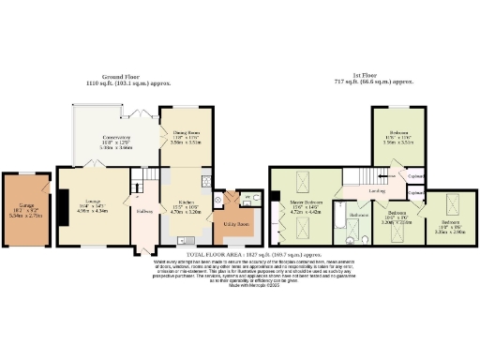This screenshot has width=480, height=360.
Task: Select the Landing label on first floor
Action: [378, 193]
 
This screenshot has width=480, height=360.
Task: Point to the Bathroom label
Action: [358, 215]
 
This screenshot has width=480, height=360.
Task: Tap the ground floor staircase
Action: [144, 178]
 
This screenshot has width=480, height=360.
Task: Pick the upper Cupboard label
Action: [416, 175]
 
